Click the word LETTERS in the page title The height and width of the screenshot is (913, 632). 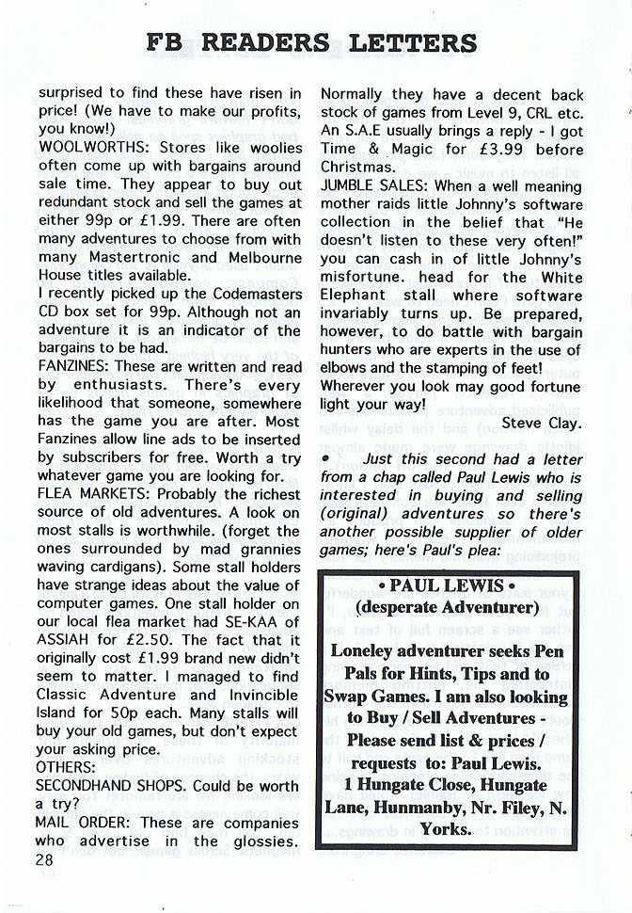412,42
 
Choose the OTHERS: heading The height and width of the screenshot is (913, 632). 68,767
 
